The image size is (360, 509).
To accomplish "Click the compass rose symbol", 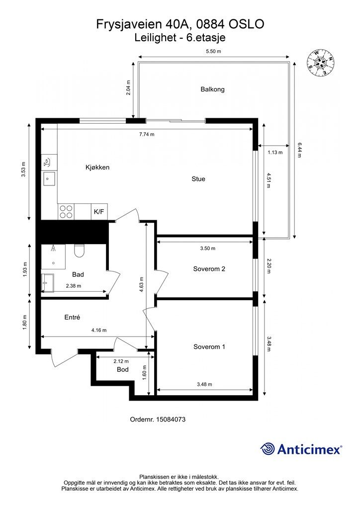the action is click(x=320, y=64).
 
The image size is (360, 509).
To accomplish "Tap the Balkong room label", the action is click(x=212, y=89).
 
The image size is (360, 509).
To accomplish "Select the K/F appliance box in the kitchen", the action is click(x=99, y=212).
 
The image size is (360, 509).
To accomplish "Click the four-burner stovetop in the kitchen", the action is click(x=66, y=212).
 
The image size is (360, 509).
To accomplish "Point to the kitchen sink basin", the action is click(x=49, y=178).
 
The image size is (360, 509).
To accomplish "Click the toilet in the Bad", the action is click(x=79, y=251).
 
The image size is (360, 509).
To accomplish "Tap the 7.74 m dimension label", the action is click(x=147, y=134).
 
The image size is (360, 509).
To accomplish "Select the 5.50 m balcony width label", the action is click(x=214, y=51).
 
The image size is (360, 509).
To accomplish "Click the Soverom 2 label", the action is click(x=209, y=269).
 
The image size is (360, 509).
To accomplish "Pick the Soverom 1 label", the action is click(x=209, y=346).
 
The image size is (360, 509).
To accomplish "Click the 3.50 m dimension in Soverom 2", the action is click(x=208, y=249).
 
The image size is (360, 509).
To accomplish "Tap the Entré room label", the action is click(x=72, y=317).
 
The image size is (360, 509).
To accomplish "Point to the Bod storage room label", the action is click(x=123, y=369).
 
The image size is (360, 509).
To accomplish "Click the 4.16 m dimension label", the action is click(x=99, y=330).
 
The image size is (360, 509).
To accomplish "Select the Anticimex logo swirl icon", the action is click(x=268, y=449).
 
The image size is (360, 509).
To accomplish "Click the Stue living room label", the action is click(x=198, y=179).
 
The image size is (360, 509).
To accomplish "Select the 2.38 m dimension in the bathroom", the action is click(x=74, y=286).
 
